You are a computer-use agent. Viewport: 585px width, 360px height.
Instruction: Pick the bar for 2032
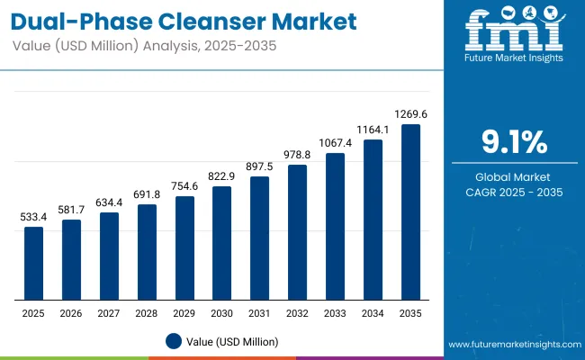point(297,232)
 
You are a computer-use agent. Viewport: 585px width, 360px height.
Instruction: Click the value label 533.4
point(33,217)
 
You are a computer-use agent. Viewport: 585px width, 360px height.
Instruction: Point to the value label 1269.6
point(410,113)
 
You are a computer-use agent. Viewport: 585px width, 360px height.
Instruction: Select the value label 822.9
point(222,176)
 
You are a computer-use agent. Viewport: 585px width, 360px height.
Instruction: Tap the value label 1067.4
point(335,143)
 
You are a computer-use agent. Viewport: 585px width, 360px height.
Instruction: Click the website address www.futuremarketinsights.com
point(511,345)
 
